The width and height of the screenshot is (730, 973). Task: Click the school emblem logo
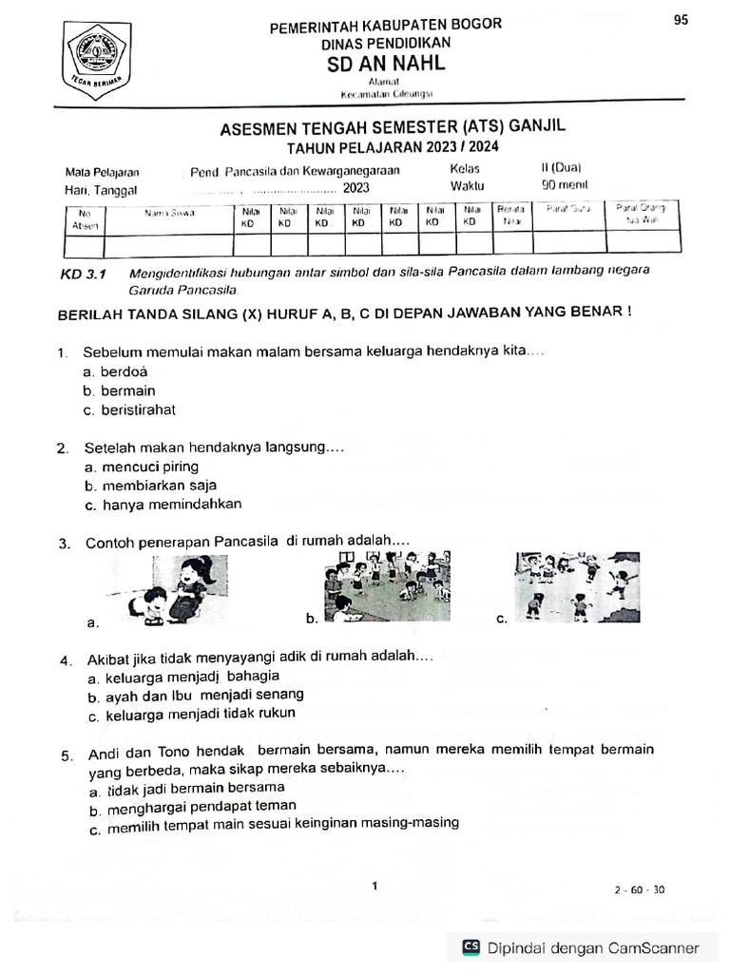click(100, 56)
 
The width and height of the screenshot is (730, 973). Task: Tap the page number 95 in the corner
click(681, 20)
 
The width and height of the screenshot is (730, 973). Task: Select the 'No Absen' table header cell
click(84, 219)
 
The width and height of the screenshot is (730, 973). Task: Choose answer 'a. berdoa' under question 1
click(115, 372)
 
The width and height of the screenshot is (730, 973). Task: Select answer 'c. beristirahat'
click(129, 410)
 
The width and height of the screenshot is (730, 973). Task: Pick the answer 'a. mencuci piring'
click(142, 467)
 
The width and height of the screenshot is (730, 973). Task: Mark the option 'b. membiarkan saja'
click(150, 486)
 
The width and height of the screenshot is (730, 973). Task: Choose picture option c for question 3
click(565, 587)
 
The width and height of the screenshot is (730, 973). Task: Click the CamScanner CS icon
click(471, 947)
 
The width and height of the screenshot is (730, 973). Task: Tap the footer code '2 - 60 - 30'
click(640, 890)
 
